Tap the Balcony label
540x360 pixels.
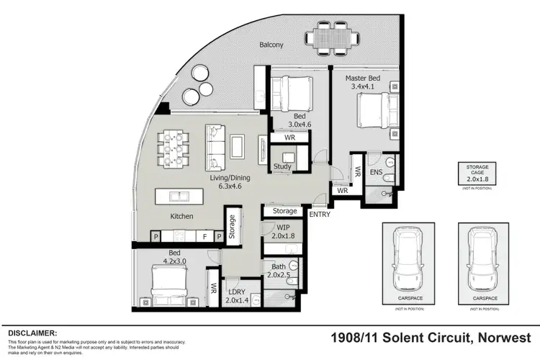pyautogui.click(x=271, y=45)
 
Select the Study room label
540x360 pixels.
pyautogui.click(x=282, y=168)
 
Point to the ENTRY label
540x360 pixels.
pyautogui.click(x=319, y=214)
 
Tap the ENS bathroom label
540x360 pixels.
pyautogui.click(x=376, y=173)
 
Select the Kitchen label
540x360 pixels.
pyautogui.click(x=181, y=216)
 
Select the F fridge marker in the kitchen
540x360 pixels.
pyautogui.click(x=204, y=236)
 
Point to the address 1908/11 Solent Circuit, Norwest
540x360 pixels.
pyautogui.click(x=431, y=337)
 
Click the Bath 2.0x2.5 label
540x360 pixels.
pyautogui.click(x=278, y=270)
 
